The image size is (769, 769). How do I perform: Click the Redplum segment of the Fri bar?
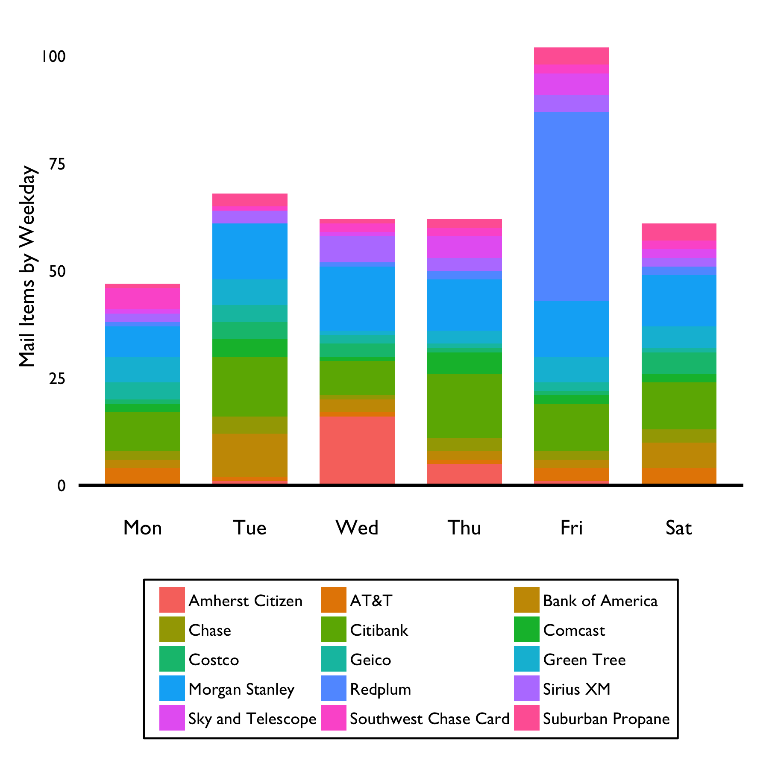[x=571, y=206]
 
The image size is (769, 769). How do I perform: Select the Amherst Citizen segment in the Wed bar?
[x=357, y=450]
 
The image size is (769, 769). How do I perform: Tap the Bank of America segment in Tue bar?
[x=249, y=455]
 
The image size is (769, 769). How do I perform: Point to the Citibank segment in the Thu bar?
[x=464, y=406]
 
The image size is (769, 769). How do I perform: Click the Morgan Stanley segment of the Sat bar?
[x=678, y=300]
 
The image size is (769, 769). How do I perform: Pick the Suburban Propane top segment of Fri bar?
[x=571, y=56]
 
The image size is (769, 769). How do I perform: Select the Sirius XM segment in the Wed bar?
[x=357, y=249]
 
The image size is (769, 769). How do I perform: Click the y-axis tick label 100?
[x=53, y=57]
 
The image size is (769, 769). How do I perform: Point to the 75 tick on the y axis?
[x=57, y=164]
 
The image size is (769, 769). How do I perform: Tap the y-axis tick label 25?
[x=57, y=379]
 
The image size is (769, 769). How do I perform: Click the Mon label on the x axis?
[x=142, y=528]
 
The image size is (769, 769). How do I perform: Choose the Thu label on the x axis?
[x=464, y=528]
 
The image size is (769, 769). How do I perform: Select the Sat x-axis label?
[x=678, y=528]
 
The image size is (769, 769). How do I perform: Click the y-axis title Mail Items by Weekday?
[x=27, y=267]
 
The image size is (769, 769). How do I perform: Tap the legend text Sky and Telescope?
[x=252, y=719]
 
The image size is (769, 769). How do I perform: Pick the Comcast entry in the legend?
[x=574, y=630]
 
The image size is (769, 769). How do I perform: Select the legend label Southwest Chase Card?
[x=429, y=719]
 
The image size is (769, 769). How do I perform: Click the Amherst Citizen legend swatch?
[x=172, y=600]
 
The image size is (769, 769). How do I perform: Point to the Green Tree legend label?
[x=584, y=660]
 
